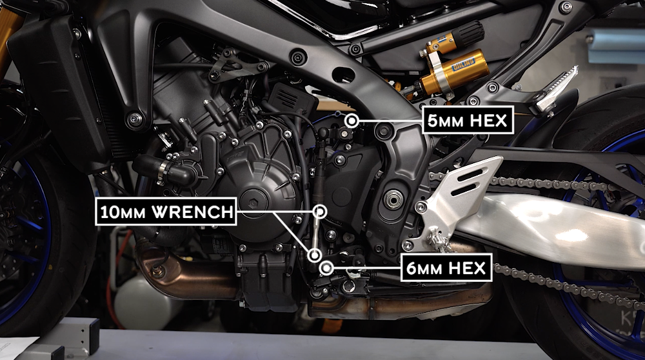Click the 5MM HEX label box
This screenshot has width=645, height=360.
(x=468, y=120)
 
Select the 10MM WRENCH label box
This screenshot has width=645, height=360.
(x=166, y=211)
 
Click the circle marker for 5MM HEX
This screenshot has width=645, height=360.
(x=352, y=121)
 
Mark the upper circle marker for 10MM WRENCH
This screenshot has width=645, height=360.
(x=321, y=211)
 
